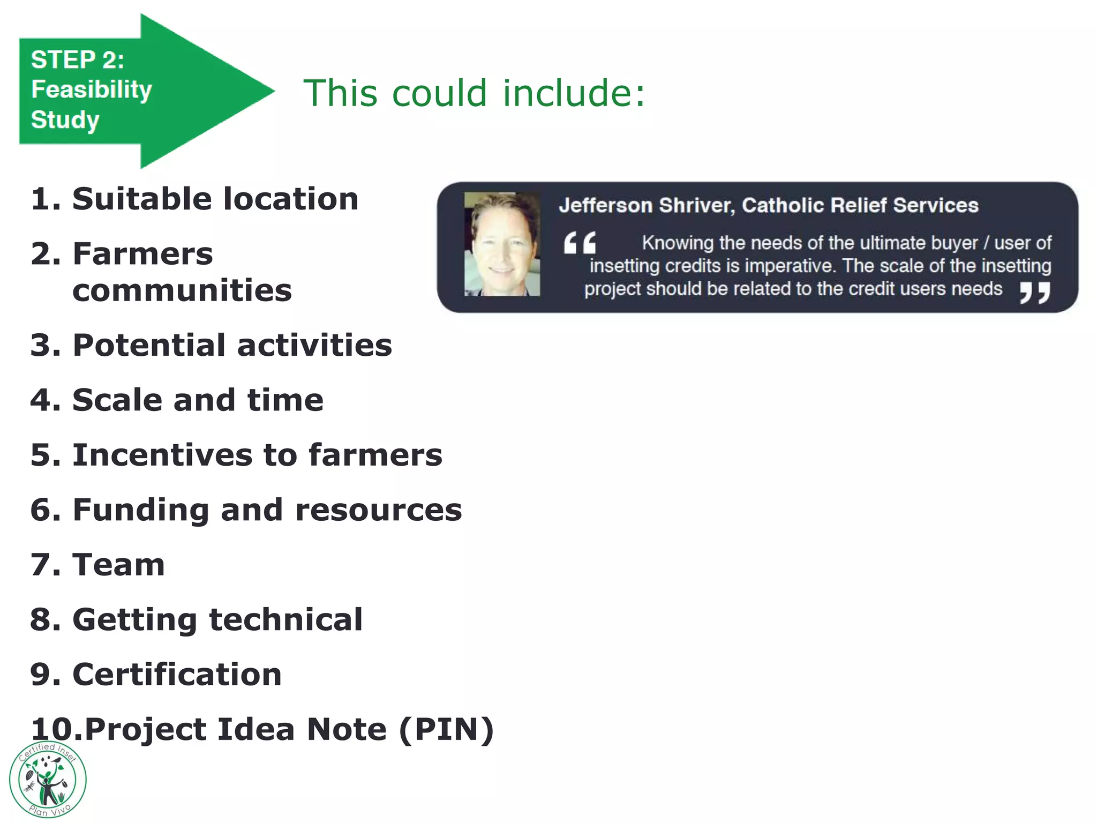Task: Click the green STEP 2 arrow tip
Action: click(x=262, y=92)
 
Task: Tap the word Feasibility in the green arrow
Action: click(x=92, y=89)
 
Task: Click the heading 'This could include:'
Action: click(x=474, y=93)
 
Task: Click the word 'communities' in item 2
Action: click(x=182, y=291)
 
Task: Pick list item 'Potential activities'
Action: click(x=232, y=345)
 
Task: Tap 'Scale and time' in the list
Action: click(x=198, y=400)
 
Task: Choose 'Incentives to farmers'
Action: click(x=257, y=455)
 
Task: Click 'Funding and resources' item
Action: click(x=267, y=510)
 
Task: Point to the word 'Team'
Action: click(x=118, y=565)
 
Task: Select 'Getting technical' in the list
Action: click(x=217, y=620)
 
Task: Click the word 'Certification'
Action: click(x=177, y=675)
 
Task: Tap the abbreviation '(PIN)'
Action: click(x=446, y=729)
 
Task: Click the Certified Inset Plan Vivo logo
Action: click(x=48, y=780)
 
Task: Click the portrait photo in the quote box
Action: click(x=502, y=244)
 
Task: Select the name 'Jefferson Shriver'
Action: click(x=646, y=205)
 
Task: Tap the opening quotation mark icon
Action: click(x=580, y=243)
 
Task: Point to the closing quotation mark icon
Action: click(x=1034, y=293)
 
